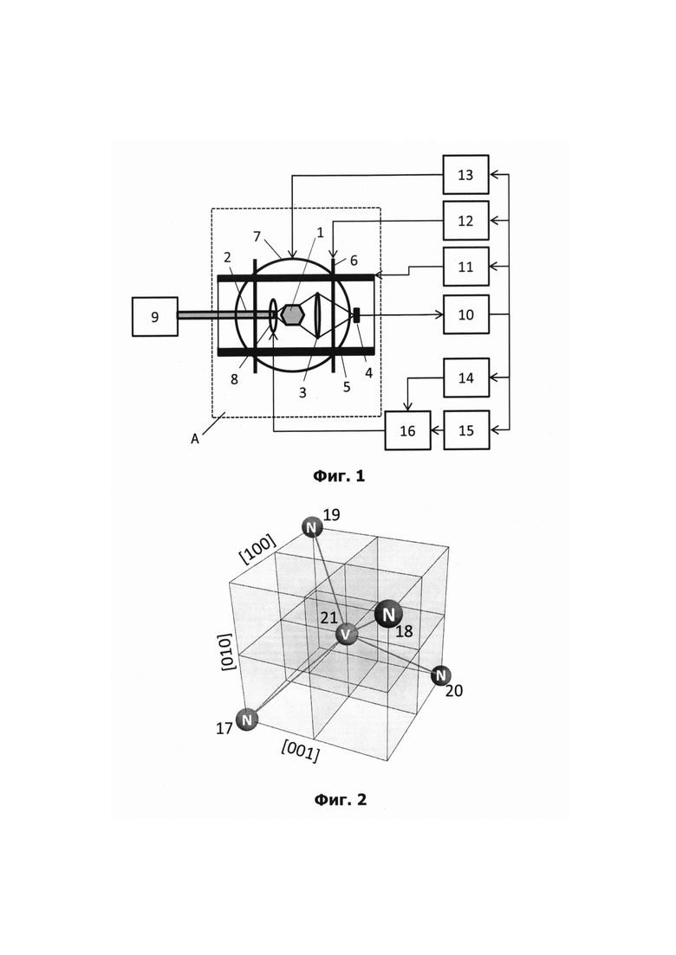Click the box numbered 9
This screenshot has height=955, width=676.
[x=155, y=317]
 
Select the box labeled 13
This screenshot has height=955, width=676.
[x=465, y=175]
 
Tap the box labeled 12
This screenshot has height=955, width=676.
[x=465, y=221]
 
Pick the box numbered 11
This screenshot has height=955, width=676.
[x=465, y=267]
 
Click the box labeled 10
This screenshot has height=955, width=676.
[x=465, y=314]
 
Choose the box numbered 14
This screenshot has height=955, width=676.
[x=466, y=378]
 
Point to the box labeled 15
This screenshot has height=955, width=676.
[x=466, y=430]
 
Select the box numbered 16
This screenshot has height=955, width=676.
[x=407, y=430]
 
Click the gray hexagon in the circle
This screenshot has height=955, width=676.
[x=293, y=315]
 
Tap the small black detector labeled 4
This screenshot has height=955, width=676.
[x=356, y=315]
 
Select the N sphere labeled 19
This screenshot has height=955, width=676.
[x=312, y=526]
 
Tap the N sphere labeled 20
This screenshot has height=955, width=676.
[x=441, y=675]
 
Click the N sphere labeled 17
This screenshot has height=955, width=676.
[x=247, y=719]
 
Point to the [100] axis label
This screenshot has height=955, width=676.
[x=258, y=549]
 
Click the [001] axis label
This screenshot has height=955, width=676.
[x=300, y=752]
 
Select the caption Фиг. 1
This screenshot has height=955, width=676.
[x=339, y=475]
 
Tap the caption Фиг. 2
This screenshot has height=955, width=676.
[x=340, y=799]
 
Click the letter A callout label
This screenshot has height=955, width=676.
[x=195, y=438]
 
